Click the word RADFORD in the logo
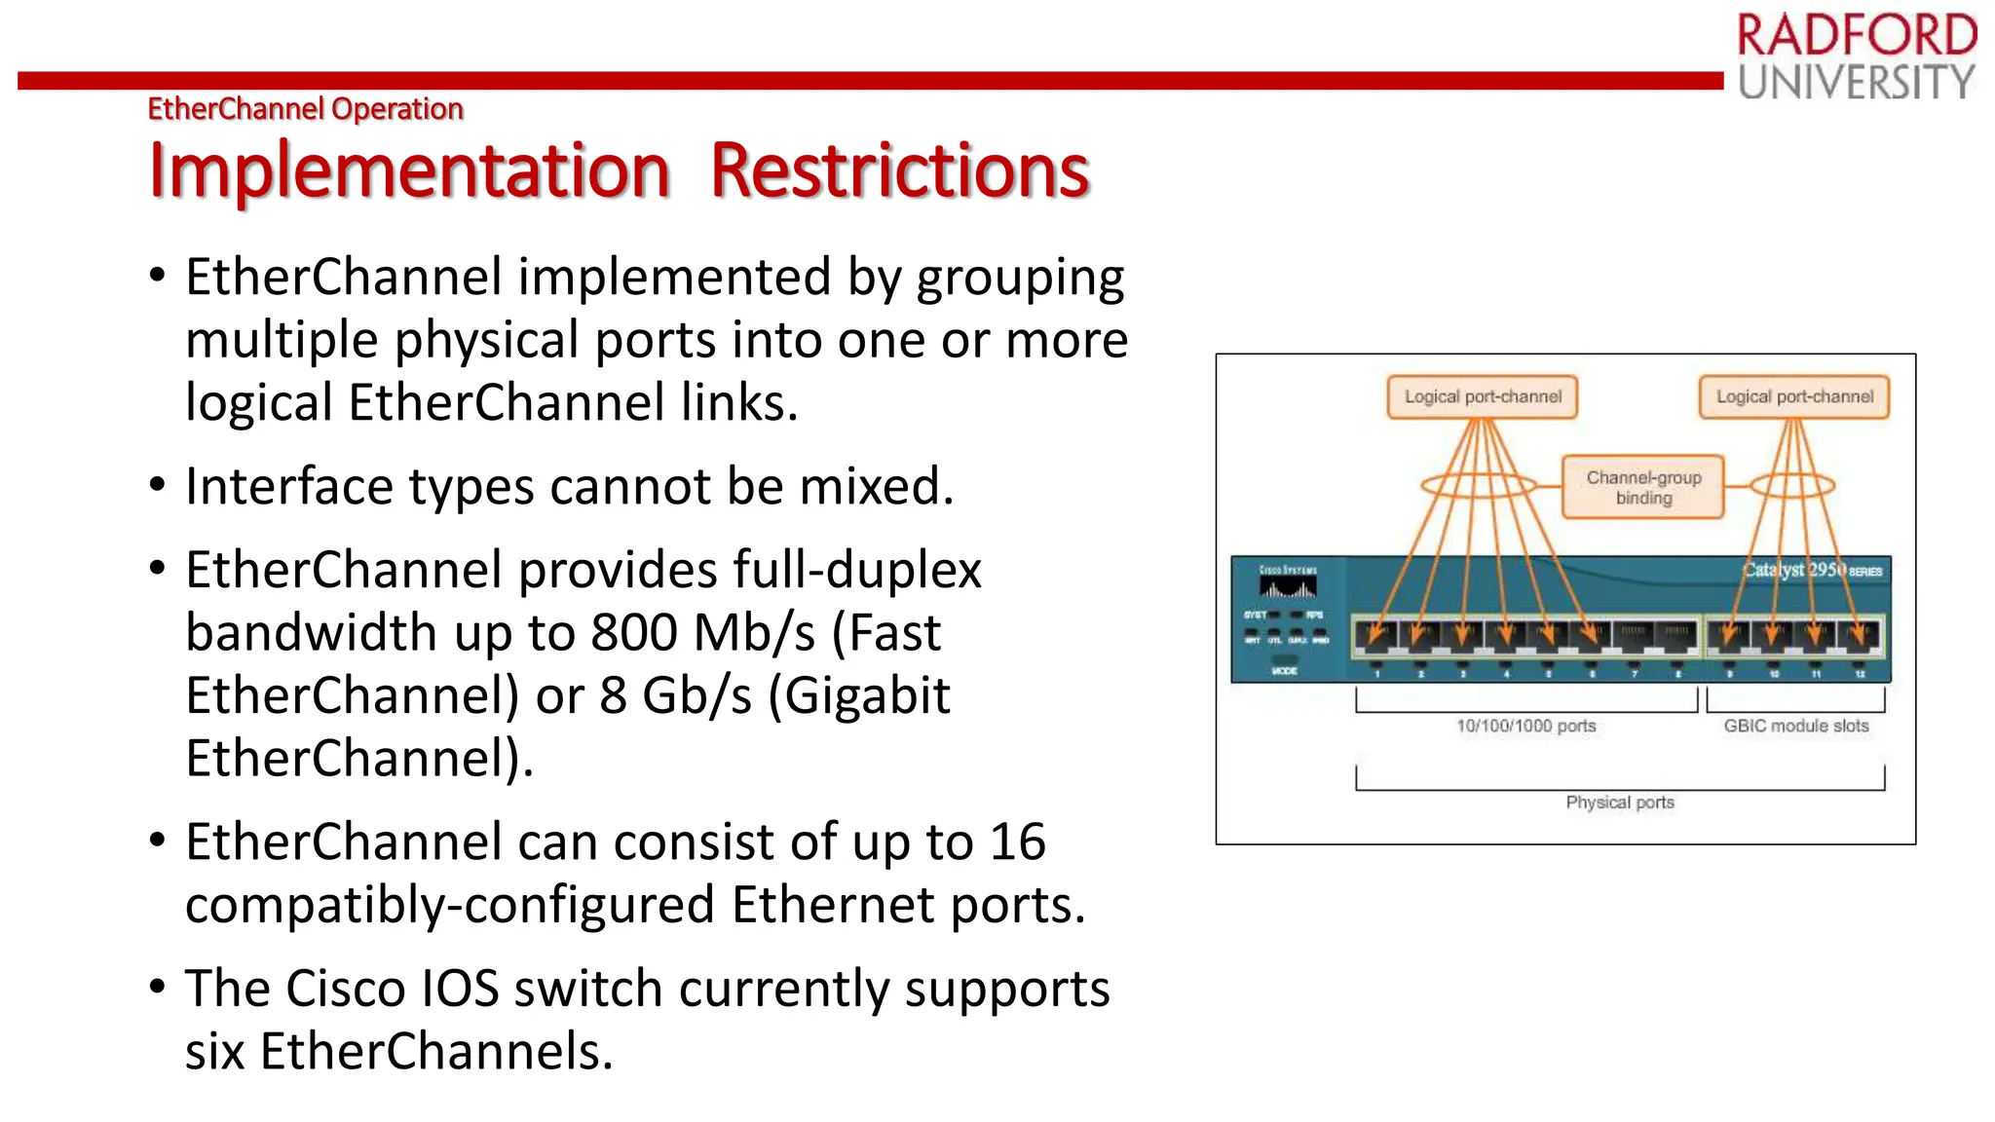tap(1856, 36)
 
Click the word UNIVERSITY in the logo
tap(1856, 83)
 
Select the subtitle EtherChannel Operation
tap(305, 108)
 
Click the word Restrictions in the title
tap(899, 171)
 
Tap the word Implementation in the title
tap(409, 171)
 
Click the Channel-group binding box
tap(1643, 487)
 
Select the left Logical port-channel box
tap(1482, 397)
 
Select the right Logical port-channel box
tap(1793, 397)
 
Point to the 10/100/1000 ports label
tap(1525, 726)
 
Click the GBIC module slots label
tap(1795, 726)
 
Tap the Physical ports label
tap(1619, 803)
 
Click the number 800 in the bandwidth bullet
tap(634, 633)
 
